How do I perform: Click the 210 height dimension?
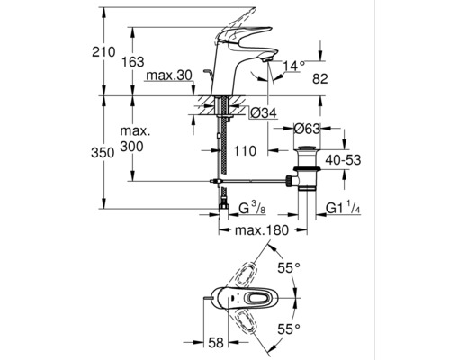(104, 53)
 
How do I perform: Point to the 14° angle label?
(295, 66)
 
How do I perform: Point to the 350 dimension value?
(104, 153)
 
